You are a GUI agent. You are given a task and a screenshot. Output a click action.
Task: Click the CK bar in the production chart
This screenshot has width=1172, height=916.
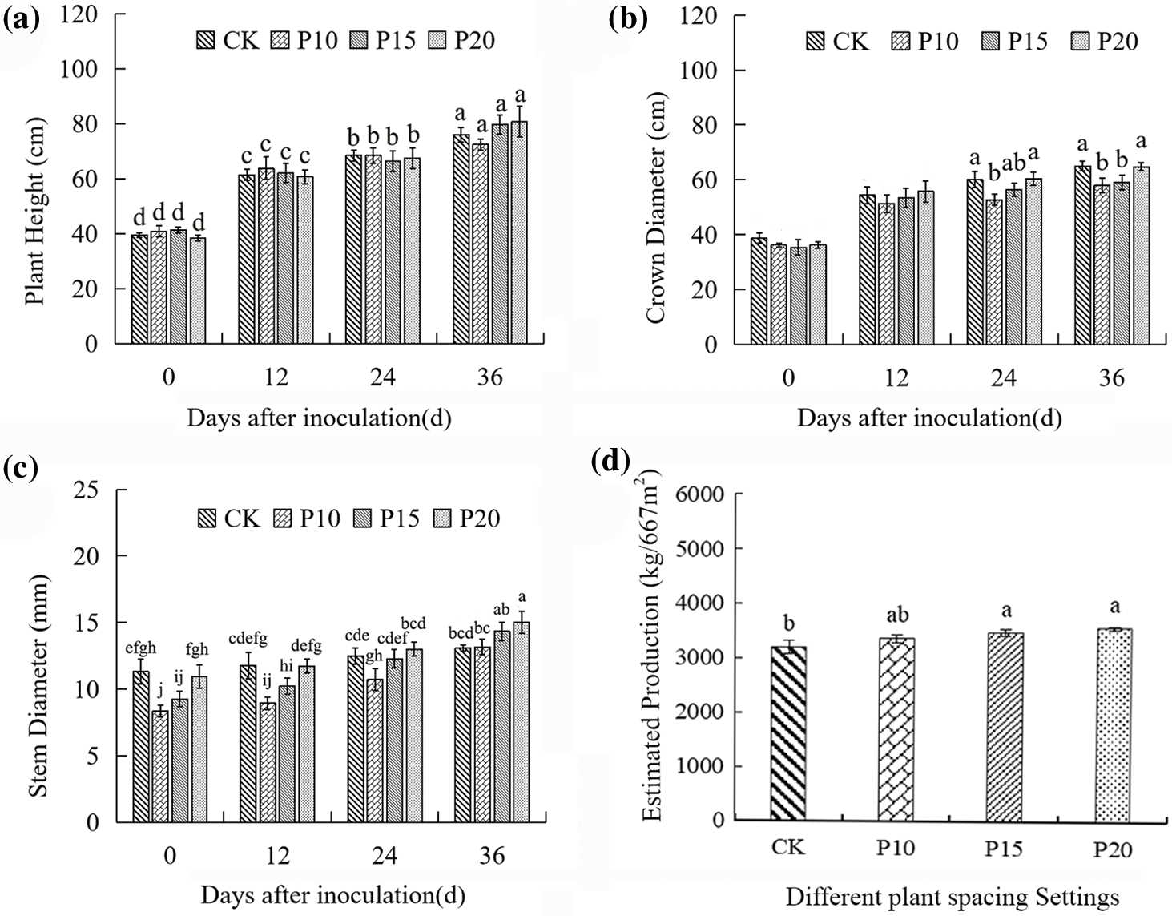pyautogui.click(x=788, y=732)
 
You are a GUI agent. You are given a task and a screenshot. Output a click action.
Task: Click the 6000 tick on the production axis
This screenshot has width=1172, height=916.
pyautogui.click(x=700, y=494)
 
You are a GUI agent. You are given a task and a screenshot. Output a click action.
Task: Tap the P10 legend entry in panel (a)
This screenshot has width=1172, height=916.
pyautogui.click(x=307, y=39)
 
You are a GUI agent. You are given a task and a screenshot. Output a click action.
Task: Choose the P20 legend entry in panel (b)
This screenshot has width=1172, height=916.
pyautogui.click(x=1105, y=41)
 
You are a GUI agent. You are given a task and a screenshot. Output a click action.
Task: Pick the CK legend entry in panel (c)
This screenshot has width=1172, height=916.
pyautogui.click(x=230, y=519)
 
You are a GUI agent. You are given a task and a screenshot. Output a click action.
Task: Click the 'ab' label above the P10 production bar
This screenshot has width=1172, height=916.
pyautogui.click(x=896, y=615)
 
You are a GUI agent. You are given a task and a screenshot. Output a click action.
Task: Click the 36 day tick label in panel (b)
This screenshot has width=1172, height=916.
pyautogui.click(x=1111, y=377)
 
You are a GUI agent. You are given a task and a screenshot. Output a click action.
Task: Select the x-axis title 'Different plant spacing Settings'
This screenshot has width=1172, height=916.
pyautogui.click(x=953, y=896)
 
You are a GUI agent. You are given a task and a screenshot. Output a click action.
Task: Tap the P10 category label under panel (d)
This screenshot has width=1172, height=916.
pyautogui.click(x=895, y=847)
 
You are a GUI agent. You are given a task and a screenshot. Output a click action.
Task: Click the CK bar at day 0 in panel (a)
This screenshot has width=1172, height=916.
pyautogui.click(x=139, y=289)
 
